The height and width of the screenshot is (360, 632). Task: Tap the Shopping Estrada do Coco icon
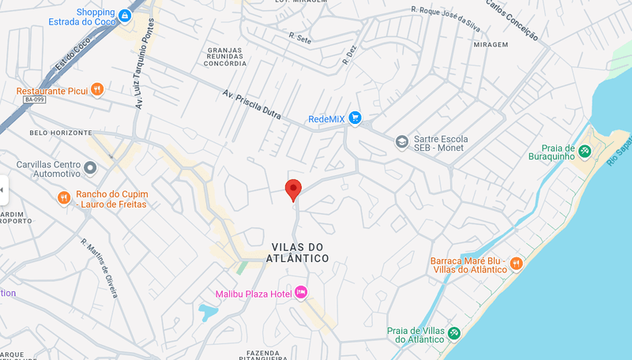coord(125,15)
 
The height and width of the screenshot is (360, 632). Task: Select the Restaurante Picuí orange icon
coord(96,90)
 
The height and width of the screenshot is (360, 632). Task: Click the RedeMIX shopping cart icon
coord(355,118)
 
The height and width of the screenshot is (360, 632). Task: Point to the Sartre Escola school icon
coord(401,141)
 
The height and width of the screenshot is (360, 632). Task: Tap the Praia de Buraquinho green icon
coord(585,150)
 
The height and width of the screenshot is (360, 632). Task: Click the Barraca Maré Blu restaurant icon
coord(516,263)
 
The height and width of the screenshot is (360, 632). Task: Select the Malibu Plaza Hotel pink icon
coord(301,294)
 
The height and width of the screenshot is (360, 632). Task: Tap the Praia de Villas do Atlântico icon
coord(454,333)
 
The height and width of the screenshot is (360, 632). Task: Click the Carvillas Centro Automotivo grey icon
coord(90,167)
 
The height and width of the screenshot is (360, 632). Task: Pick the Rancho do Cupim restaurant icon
coord(64,197)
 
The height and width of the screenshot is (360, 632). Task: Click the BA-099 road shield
coord(34,99)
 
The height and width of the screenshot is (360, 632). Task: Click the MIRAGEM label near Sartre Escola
coord(491,44)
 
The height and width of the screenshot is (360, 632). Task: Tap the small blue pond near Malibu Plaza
coord(207,311)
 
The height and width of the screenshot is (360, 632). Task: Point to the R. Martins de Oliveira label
coord(99,268)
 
